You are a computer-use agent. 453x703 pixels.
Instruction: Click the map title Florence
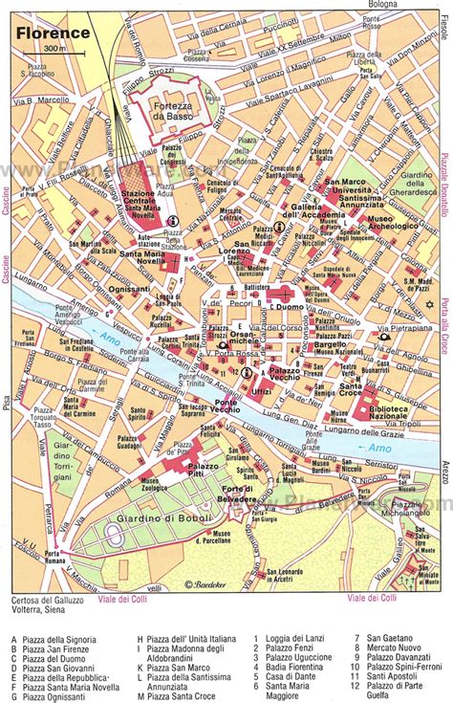(53, 33)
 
